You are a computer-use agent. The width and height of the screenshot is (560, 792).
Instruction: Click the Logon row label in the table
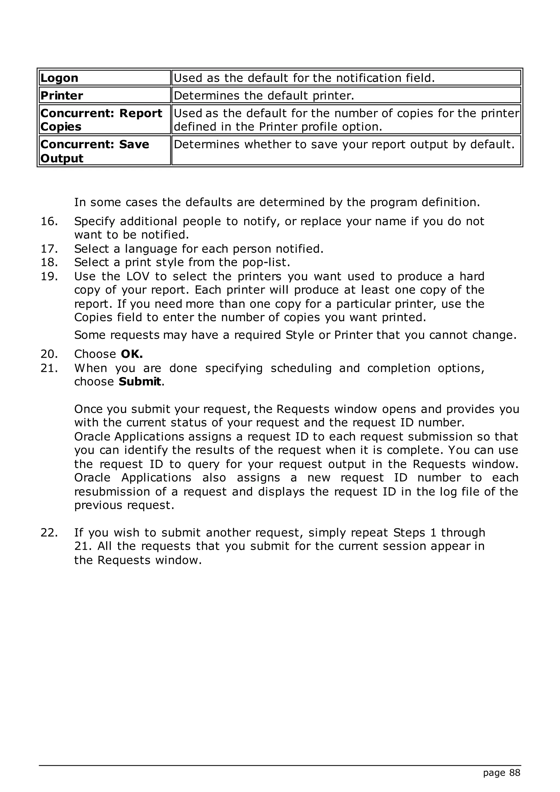59,78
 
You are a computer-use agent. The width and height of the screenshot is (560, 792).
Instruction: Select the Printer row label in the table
62,95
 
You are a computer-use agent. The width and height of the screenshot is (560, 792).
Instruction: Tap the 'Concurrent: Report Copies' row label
101,120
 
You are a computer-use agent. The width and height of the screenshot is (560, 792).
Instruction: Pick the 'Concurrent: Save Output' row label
95,151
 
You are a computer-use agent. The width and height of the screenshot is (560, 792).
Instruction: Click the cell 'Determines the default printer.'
264,95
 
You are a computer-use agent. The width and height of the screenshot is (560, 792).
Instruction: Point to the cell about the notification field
304,78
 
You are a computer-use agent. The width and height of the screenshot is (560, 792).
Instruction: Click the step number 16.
49,221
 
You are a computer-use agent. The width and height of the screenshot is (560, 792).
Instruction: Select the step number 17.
49,249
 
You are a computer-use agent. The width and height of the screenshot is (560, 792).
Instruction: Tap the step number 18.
49,263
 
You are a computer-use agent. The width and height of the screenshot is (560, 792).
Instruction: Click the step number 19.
49,276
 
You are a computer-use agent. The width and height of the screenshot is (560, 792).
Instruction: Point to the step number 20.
49,354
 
